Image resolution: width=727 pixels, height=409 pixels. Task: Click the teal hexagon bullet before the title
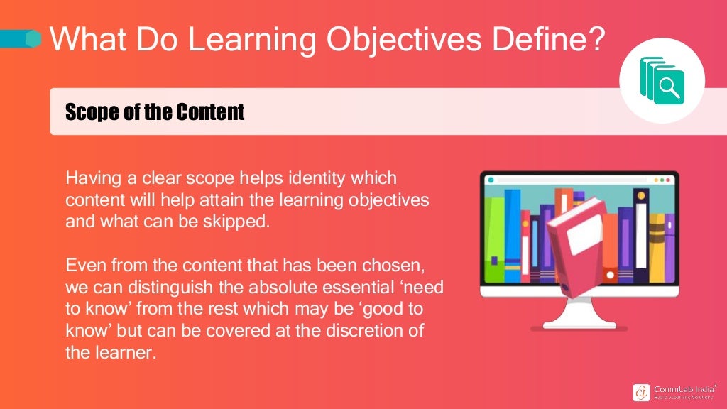tap(33, 39)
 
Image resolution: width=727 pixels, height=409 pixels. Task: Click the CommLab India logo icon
tap(640, 392)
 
